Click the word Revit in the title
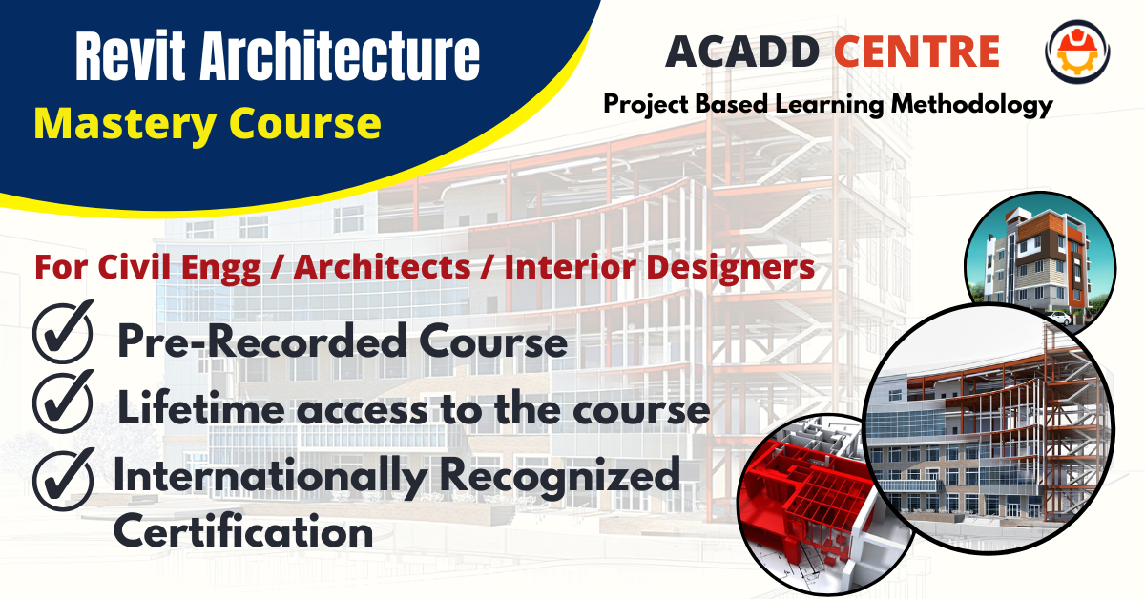(131, 55)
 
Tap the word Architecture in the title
(340, 55)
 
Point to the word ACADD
(742, 52)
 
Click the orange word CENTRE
(917, 52)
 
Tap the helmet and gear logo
(1077, 52)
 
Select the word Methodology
(971, 105)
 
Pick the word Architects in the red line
(382, 267)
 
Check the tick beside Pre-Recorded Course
(63, 332)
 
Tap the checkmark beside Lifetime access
(63, 402)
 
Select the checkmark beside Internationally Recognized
(64, 480)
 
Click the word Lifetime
(201, 408)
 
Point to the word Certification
(243, 530)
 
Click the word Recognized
(560, 476)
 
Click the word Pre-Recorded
(262, 341)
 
